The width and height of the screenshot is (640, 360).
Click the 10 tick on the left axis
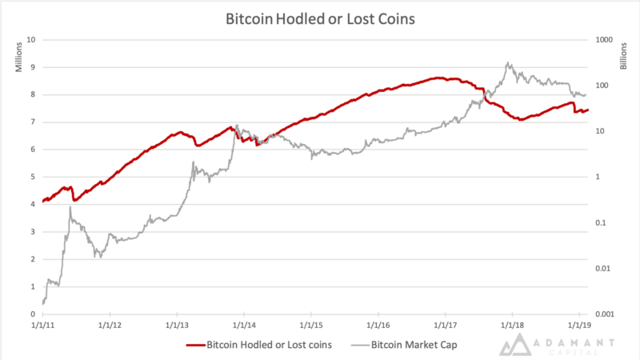coord(32,39)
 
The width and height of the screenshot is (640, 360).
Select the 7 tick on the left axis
coord(34,122)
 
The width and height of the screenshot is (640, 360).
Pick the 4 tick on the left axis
coord(34,204)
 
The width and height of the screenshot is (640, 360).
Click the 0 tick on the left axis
coord(34,314)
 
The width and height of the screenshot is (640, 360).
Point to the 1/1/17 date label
coord(445,326)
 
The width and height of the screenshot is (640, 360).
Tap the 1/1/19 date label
coord(579,326)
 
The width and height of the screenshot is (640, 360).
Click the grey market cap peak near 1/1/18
coord(507,62)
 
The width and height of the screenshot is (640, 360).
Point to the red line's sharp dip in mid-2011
coord(74,199)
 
